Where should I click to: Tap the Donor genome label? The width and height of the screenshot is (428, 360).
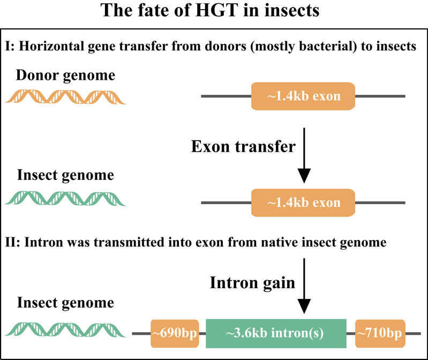pos(65,75)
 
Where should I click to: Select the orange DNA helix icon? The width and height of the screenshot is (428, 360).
pos(65,97)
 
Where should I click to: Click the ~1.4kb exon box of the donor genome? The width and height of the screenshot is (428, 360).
pos(303,96)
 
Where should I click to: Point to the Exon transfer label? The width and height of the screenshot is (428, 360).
pos(243,146)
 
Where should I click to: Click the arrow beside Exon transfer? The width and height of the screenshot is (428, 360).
pos(304,155)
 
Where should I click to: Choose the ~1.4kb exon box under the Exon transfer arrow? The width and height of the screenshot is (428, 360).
pos(303,202)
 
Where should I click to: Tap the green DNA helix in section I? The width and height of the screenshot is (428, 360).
pos(65,198)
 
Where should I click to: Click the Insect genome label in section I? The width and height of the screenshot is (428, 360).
pos(65,175)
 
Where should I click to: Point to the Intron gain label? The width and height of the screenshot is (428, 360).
pos(252,282)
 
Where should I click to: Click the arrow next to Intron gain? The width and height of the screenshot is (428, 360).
pos(304,286)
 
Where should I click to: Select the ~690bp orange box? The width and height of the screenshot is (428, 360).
pos(175,333)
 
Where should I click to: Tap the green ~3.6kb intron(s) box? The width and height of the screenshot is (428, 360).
pos(276,333)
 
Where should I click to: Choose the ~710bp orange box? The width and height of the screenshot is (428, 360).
pos(380,333)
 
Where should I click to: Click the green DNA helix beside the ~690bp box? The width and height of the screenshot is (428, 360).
pos(65,329)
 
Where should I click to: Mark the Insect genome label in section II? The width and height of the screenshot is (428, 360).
pos(65,303)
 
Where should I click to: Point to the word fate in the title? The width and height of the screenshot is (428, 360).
pos(151,10)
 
